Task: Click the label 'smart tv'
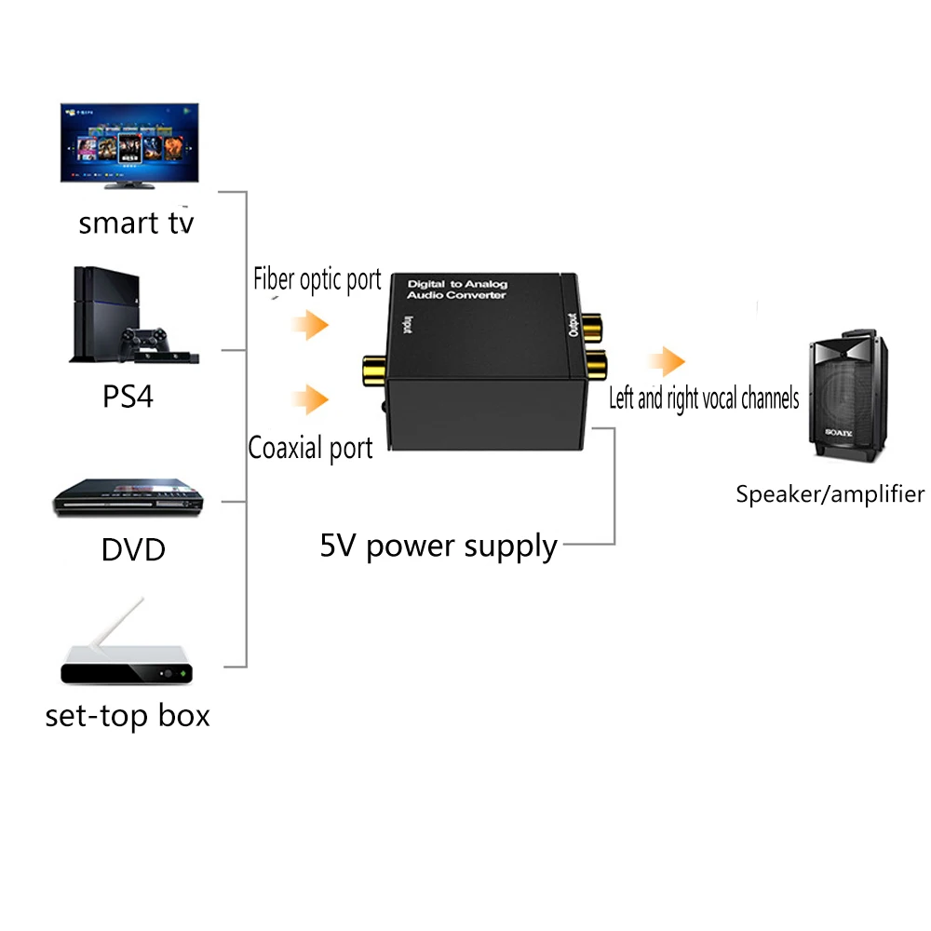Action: (136, 223)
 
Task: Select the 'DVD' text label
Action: (133, 548)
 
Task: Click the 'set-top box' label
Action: (128, 715)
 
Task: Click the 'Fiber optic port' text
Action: (317, 279)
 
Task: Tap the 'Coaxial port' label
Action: (310, 448)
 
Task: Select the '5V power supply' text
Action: (439, 546)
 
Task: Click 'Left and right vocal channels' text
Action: (704, 398)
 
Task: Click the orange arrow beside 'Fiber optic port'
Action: (309, 326)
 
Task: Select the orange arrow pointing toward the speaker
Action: (668, 361)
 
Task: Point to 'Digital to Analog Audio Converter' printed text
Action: (457, 289)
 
